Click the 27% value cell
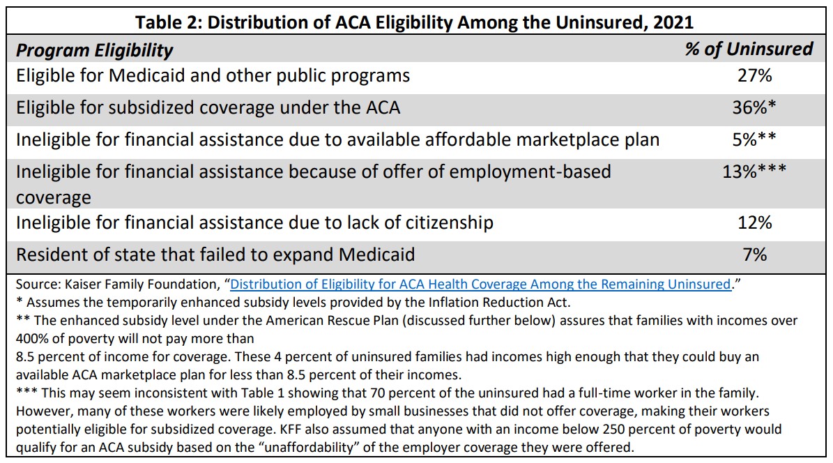coord(754,75)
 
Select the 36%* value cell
coord(754,107)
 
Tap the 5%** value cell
coord(754,139)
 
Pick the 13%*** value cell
coord(754,171)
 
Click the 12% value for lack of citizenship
coord(754,222)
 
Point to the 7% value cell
coord(754,255)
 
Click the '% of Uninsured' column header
coord(749,49)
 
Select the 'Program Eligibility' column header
coord(95,50)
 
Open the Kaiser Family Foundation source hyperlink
coord(480,284)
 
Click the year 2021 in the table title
coord(673,22)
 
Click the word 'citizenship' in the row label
coord(450,222)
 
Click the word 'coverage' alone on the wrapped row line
coord(54,198)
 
